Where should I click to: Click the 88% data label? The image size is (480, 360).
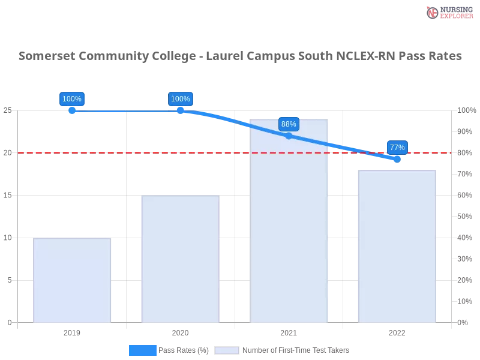289,124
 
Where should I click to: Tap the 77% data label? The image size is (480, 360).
397,147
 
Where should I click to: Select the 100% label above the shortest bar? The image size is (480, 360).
72,99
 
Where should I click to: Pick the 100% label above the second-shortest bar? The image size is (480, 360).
181,99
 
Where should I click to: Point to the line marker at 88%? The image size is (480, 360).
289,136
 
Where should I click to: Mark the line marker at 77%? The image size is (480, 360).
397,159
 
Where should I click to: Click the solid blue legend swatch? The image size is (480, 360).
143,350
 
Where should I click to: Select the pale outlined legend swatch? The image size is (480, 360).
227,350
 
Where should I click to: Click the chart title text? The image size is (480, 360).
240,56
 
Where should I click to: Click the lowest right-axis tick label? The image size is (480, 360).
463,322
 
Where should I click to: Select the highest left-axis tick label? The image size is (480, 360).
7,110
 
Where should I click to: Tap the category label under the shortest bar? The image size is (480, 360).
72,331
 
